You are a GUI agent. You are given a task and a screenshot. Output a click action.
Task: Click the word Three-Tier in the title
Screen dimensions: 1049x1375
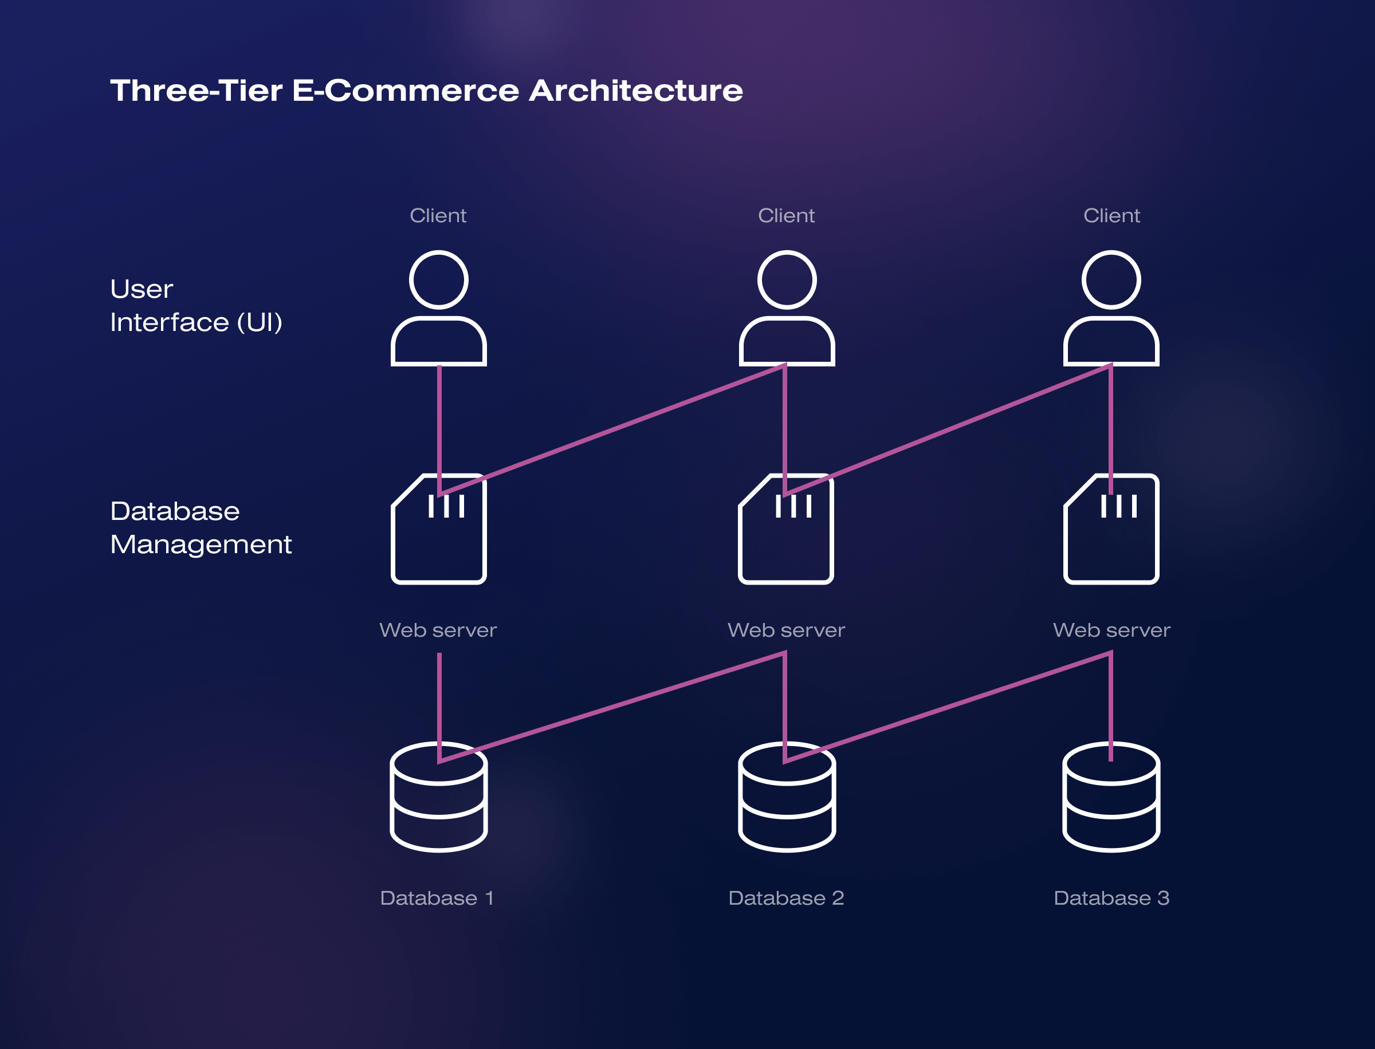pos(196,90)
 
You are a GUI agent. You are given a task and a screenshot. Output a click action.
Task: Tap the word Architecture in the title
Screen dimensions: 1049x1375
pos(636,90)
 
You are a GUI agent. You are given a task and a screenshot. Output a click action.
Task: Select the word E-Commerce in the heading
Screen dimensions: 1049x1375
pos(406,90)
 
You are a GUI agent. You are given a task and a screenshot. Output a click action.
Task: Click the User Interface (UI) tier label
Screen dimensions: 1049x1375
pos(195,305)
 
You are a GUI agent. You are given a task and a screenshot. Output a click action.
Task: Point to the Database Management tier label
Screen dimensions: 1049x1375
pos(201,527)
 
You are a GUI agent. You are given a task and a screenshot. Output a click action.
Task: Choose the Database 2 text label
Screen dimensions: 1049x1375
pos(786,898)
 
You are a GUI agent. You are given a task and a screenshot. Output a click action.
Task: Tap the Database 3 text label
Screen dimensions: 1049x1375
pos(1111,898)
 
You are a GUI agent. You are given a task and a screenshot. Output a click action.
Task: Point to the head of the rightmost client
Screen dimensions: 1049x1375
pos(1111,280)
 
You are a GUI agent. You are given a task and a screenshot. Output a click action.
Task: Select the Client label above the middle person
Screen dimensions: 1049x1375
pos(786,215)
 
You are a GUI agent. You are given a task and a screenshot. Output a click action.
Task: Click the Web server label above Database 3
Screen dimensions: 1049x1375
pos(1111,630)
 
